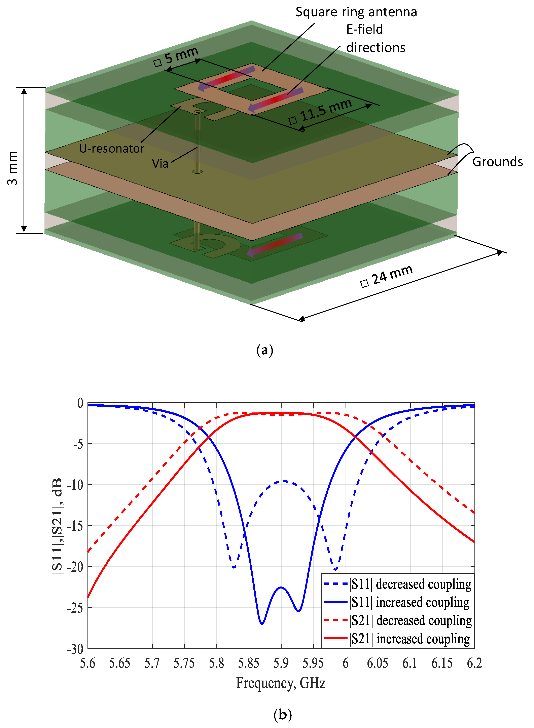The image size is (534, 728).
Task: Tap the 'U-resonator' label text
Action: click(111, 149)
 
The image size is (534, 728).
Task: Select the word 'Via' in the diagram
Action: click(160, 164)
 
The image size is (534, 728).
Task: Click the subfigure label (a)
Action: click(264, 350)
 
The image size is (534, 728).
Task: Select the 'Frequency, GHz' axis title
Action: click(281, 683)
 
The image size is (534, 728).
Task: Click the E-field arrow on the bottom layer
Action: click(275, 244)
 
